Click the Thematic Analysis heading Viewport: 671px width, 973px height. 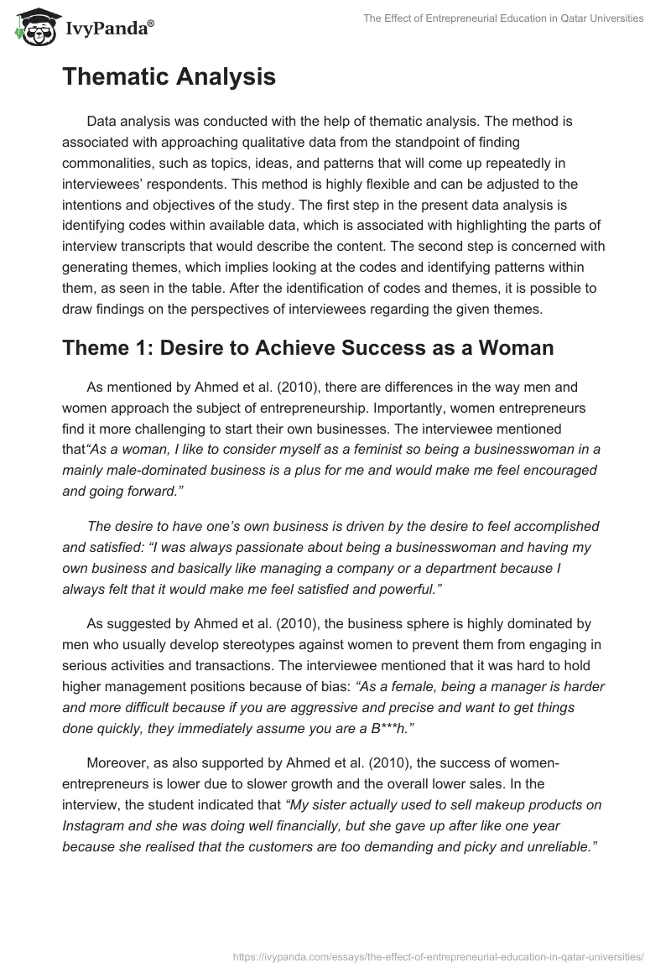coord(169,77)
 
